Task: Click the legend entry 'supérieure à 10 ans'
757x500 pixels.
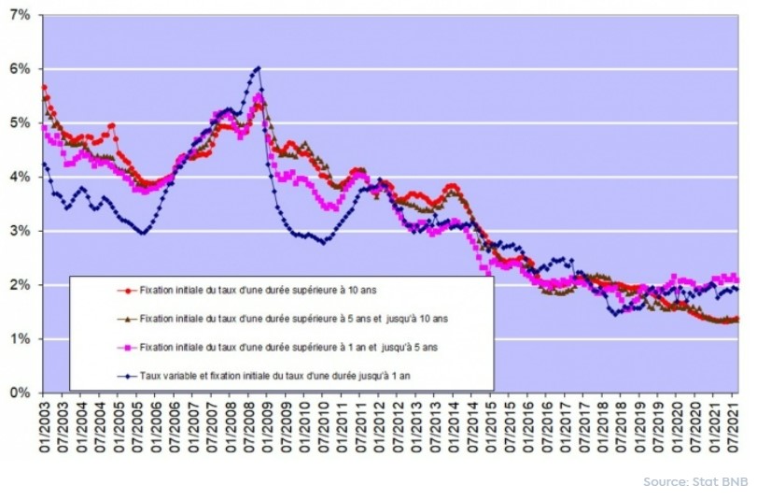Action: pos(279,291)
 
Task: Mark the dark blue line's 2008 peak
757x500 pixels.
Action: pos(258,67)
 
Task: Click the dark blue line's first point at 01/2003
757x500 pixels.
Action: pos(44,164)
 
